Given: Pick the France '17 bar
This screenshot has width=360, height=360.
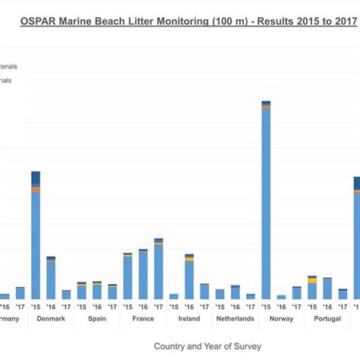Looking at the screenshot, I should pos(158,270).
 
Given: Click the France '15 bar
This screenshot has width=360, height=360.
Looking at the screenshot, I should pos(128,276).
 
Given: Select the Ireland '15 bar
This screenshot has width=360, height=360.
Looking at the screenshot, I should pos(174,296).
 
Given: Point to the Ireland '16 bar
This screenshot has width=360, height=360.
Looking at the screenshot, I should pos(189,277).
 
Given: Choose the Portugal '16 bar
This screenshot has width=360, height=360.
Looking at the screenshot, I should pos(327,289).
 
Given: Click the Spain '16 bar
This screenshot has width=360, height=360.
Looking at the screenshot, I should pos(97,291).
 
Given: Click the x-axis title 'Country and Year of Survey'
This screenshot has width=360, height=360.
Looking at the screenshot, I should pos(208,346).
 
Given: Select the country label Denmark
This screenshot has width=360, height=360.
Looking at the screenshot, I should pos(51,319).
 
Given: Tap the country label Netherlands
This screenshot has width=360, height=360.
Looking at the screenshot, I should pos(235,319).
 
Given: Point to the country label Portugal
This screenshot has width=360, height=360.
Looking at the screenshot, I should pos(327,319).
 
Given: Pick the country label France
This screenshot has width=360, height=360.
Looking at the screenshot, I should pos(143,319).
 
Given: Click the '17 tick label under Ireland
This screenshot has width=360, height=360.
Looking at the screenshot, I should pos(204,306).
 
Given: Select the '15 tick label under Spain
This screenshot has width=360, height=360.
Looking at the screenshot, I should pos(81,306).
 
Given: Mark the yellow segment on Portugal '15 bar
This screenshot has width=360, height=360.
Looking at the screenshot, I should pos(311,281).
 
